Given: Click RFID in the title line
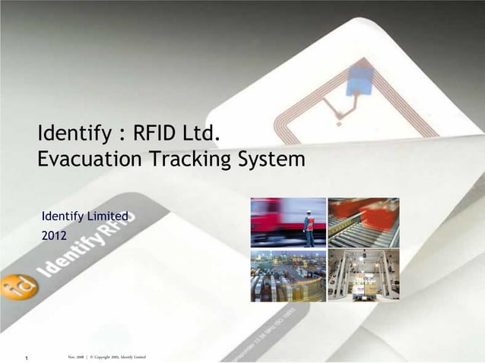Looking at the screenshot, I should [155, 135].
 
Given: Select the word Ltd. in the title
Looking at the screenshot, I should [201, 135].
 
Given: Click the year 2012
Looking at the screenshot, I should [53, 237].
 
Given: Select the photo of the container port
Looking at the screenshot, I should [288, 275].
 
